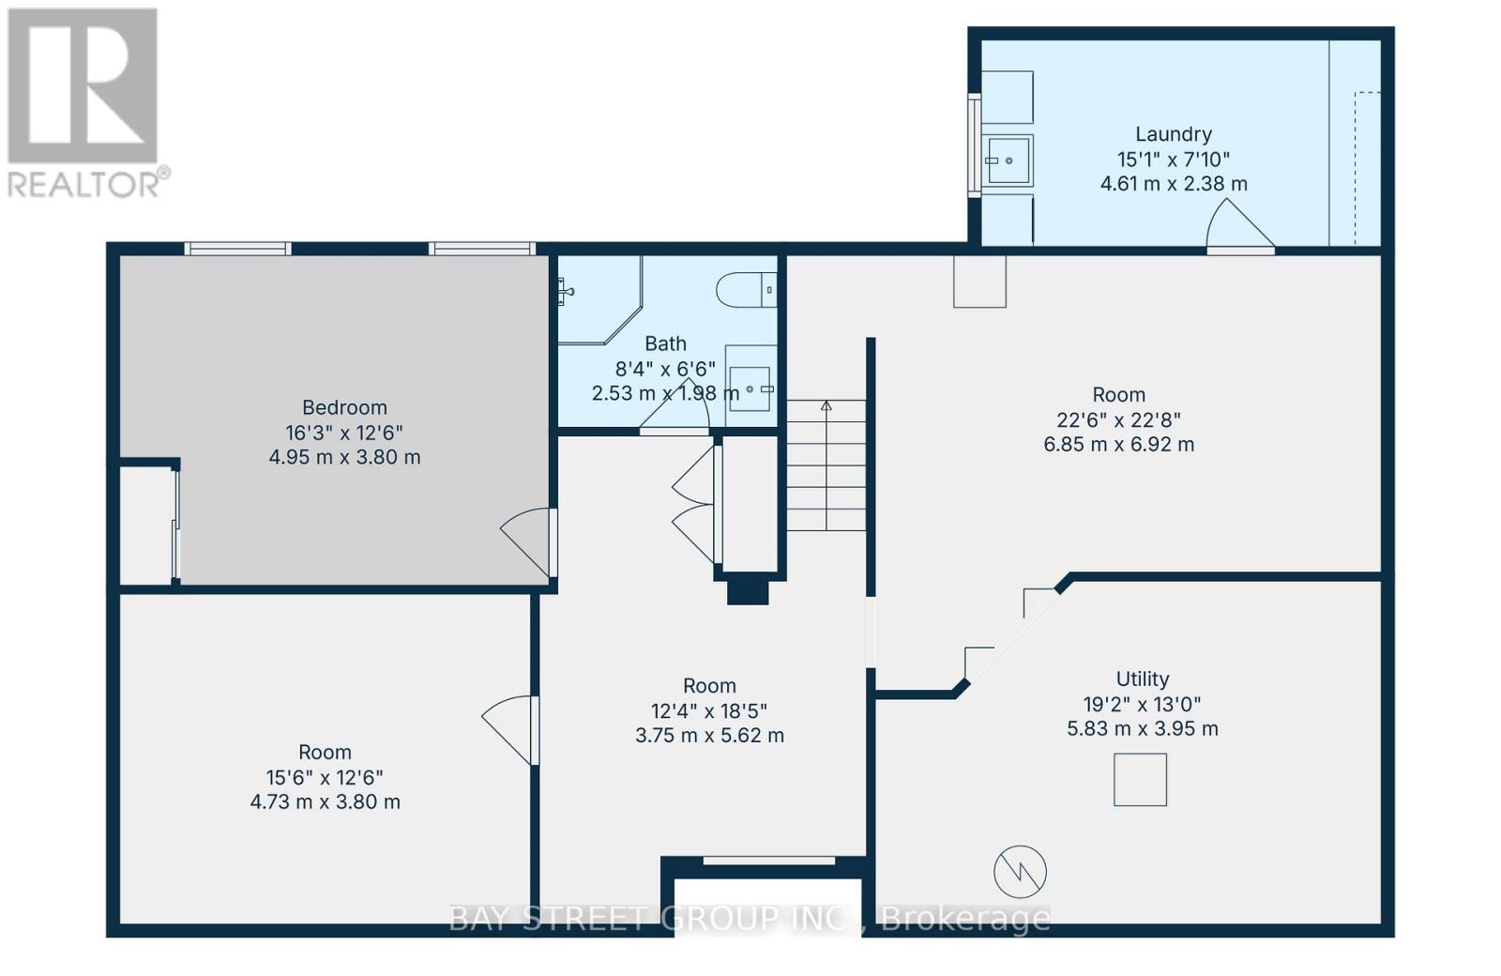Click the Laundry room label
pos(1173,135)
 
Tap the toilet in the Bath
pos(746,290)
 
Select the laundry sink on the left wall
pos(1008,160)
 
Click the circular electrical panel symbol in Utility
pos(1020,872)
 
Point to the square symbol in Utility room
pos(1140,780)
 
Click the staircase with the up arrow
pos(826,465)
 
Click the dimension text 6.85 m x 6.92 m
pos(1118,445)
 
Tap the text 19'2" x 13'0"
pos(1142,704)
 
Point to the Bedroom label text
pos(344,407)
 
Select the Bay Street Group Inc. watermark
pos(749,918)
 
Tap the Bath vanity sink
pos(750,389)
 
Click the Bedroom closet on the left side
pos(146,525)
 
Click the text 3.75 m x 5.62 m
pos(709,736)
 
